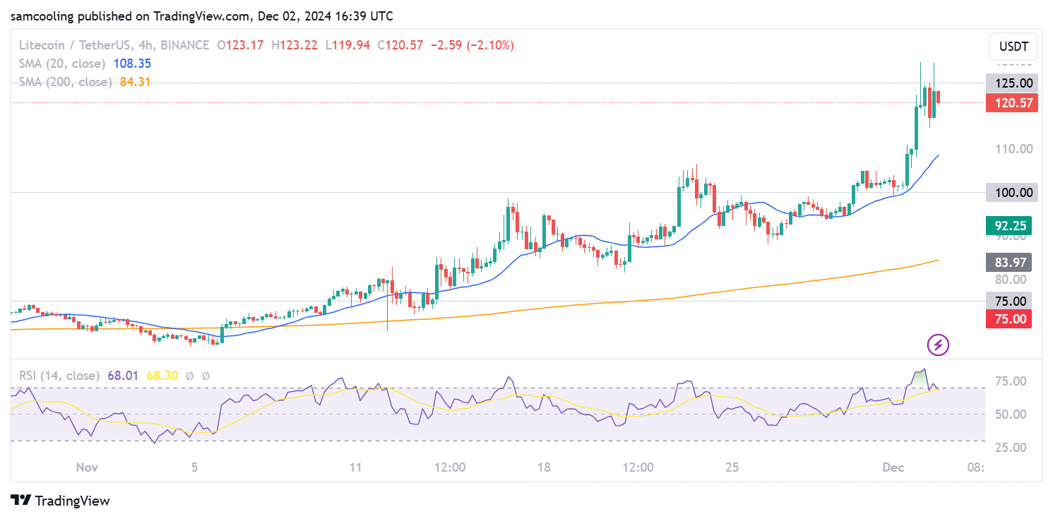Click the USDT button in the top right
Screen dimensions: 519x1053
tap(1013, 48)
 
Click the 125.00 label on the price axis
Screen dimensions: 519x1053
tap(1013, 83)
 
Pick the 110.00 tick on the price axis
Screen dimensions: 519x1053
tap(1013, 149)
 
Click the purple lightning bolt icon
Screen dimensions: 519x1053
tap(938, 345)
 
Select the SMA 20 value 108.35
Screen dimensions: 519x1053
tap(130, 64)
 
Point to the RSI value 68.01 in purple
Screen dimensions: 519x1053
tap(123, 376)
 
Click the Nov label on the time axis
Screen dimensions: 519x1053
tap(85, 467)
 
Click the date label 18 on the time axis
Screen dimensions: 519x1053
tap(544, 467)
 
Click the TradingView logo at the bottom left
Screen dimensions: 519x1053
tap(61, 501)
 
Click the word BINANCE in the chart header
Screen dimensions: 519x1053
tap(185, 45)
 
